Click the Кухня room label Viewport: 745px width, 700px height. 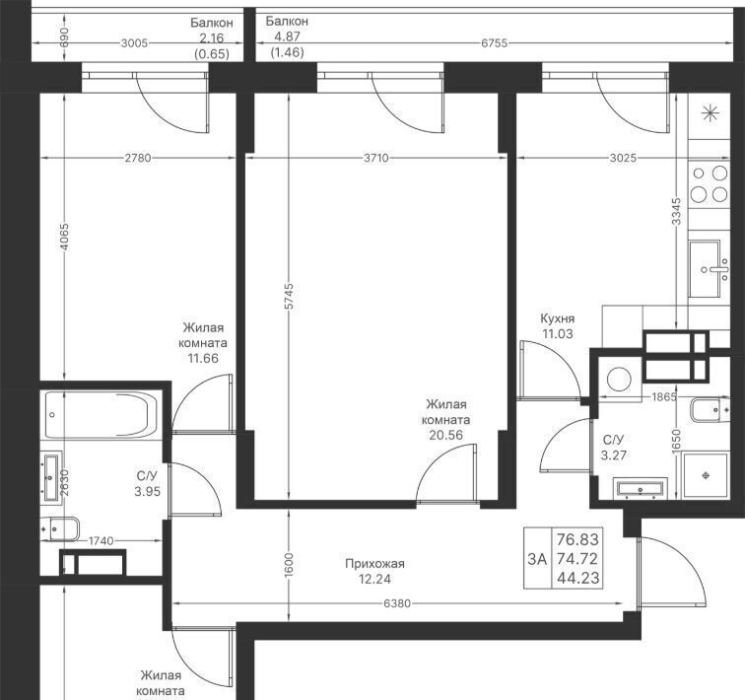(x=558, y=318)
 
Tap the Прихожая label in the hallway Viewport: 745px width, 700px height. (x=374, y=564)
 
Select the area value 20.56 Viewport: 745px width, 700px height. (x=445, y=435)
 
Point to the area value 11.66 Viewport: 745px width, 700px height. (x=203, y=358)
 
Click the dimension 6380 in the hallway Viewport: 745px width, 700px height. (x=397, y=603)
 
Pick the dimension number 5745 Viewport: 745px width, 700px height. (x=289, y=297)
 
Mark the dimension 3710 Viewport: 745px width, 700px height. (x=376, y=158)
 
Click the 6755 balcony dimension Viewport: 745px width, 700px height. (x=494, y=43)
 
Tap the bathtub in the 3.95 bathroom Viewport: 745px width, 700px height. (x=102, y=414)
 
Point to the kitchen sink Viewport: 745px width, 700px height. (x=709, y=269)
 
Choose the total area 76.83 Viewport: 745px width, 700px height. (x=577, y=540)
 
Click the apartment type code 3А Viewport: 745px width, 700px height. (x=537, y=559)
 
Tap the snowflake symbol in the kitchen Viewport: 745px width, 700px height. (x=710, y=113)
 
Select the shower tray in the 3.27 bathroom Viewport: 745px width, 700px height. (x=706, y=475)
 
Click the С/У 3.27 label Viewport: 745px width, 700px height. (x=613, y=448)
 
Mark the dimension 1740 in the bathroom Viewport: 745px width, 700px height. (x=102, y=541)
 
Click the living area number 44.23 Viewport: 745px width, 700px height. (x=577, y=579)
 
